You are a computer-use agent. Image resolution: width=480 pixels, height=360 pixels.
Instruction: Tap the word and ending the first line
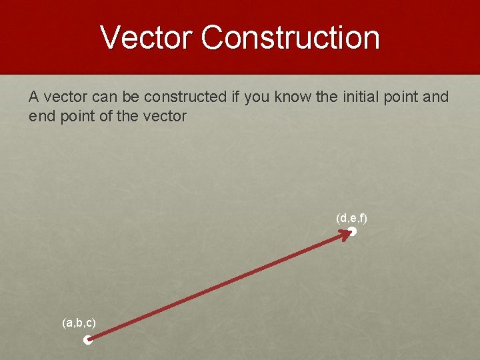click(x=436, y=97)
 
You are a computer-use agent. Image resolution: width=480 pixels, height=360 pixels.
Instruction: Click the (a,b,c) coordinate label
click(x=79, y=323)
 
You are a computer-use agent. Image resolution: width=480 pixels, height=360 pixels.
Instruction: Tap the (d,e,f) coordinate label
click(x=352, y=218)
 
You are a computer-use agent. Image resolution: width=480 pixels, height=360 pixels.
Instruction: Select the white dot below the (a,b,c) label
click(x=87, y=340)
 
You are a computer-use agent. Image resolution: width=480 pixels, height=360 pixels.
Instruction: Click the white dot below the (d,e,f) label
click(x=353, y=231)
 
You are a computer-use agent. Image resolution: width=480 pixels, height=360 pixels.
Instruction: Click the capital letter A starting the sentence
click(x=33, y=97)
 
